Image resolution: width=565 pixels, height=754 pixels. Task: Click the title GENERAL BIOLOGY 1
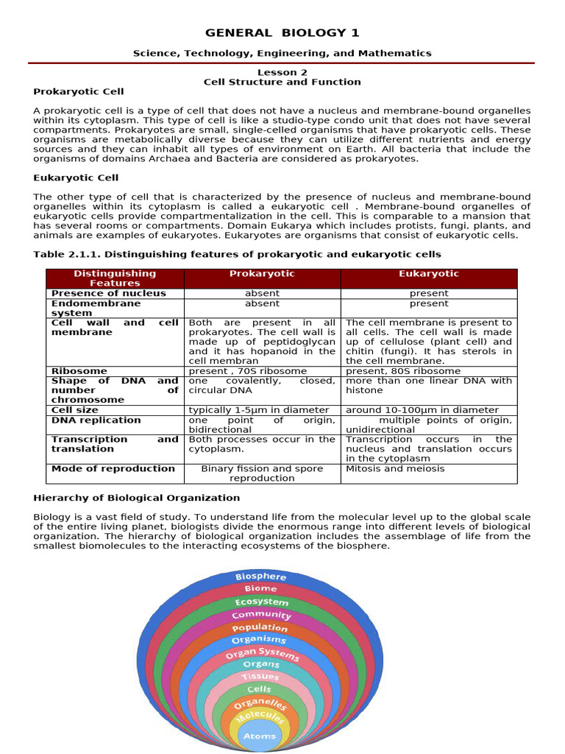point(282,33)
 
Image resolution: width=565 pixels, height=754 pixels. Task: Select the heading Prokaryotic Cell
point(79,91)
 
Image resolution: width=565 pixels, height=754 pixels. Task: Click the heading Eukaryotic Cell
point(76,177)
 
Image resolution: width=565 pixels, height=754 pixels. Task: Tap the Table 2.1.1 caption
point(237,254)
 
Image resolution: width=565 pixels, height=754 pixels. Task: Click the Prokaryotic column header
point(262,274)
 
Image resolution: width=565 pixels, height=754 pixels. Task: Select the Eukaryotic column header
point(428,274)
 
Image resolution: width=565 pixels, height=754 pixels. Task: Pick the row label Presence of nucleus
point(108,293)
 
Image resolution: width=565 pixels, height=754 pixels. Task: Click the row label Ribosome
point(79,371)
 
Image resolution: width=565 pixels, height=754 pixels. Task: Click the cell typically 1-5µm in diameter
point(259,410)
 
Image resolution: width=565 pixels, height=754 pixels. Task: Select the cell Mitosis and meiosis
point(395,468)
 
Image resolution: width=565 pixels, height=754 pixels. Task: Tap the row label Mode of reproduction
point(113,468)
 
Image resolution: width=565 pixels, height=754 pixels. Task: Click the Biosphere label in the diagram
point(260,576)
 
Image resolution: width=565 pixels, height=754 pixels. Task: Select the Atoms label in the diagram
point(259,736)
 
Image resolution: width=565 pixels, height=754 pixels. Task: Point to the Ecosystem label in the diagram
point(261,602)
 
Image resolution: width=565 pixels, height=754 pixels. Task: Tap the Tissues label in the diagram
point(260,676)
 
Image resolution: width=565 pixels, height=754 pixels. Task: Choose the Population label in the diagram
point(260,627)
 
